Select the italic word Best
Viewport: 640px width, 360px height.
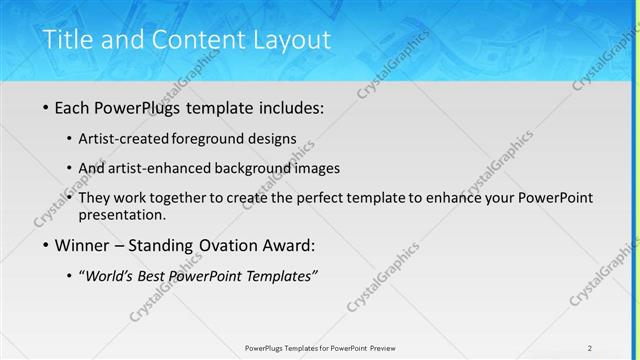tap(158, 277)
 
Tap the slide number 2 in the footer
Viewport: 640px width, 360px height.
tap(590, 347)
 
